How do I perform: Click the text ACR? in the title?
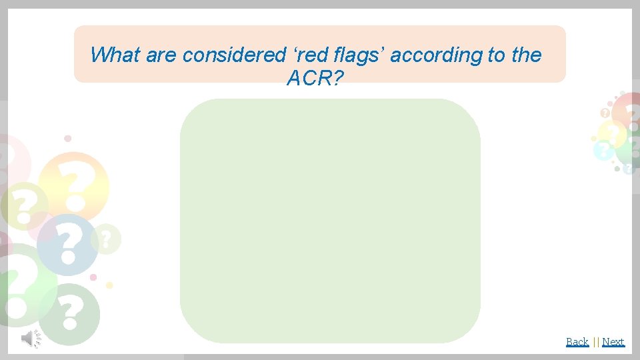315,79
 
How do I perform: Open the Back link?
577,342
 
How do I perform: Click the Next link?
613,342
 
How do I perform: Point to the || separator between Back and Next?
595,342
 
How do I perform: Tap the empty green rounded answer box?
330,220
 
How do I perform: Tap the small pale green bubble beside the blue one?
107,238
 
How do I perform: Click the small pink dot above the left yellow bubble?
67,139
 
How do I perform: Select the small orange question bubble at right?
605,113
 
